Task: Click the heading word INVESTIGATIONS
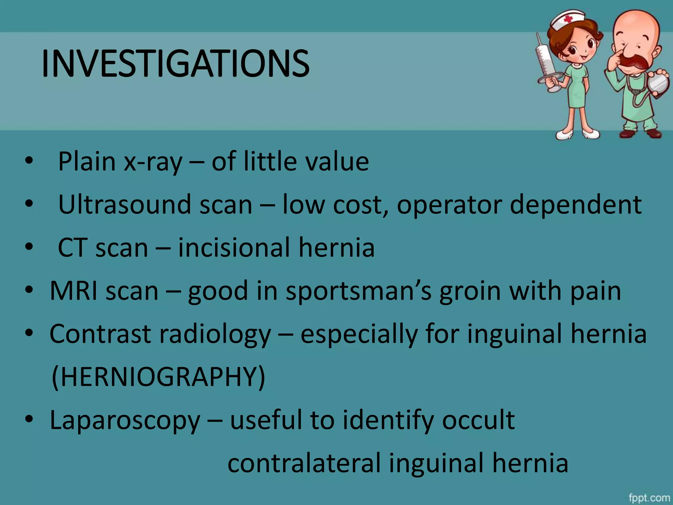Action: pyautogui.click(x=175, y=64)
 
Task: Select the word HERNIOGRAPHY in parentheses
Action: pyautogui.click(x=158, y=377)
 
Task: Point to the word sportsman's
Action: pyautogui.click(x=358, y=291)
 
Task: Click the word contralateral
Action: pyautogui.click(x=304, y=463)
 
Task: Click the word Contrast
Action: pyautogui.click(x=100, y=334)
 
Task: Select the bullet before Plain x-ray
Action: pyautogui.click(x=29, y=161)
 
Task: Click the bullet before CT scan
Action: pyautogui.click(x=29, y=247)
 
